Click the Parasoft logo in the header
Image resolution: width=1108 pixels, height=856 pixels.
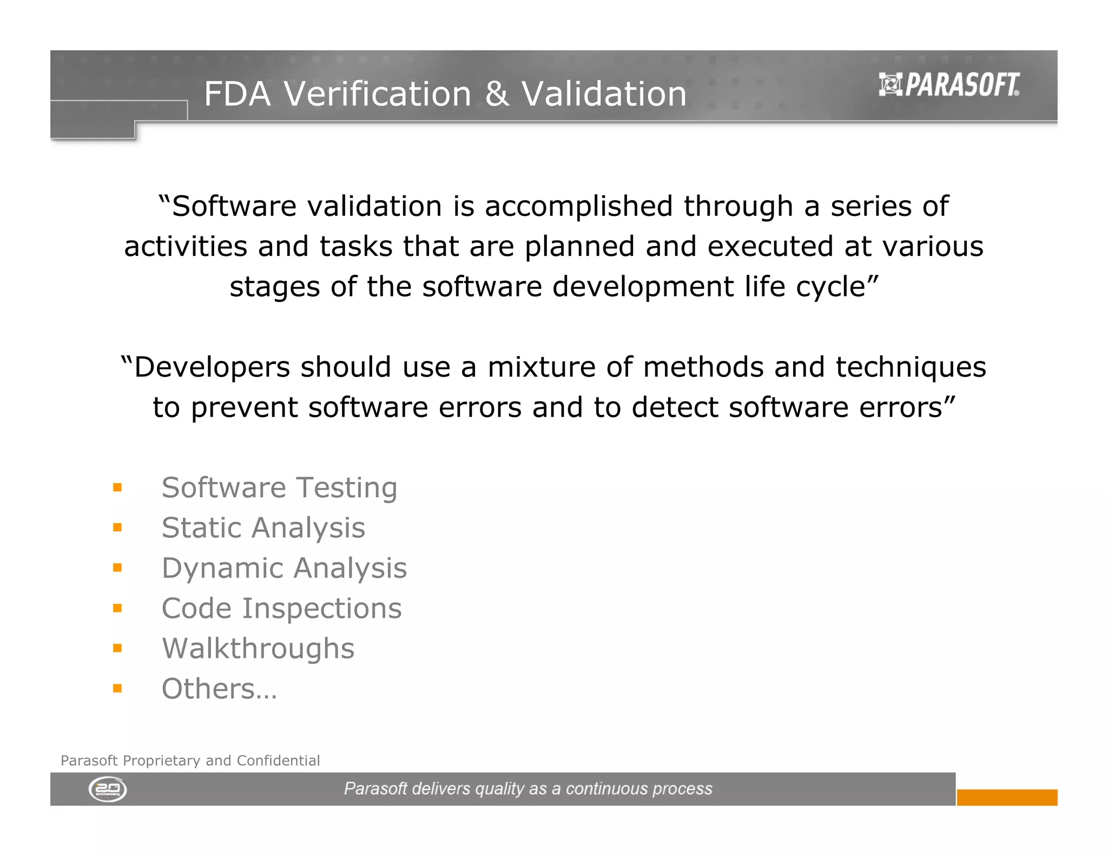pos(949,85)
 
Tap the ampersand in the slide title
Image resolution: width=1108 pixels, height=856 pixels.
pos(496,94)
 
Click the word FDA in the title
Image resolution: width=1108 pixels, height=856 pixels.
pos(237,94)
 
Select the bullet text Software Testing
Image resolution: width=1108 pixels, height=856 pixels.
pos(279,488)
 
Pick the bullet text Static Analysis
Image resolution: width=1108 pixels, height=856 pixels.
pos(263,528)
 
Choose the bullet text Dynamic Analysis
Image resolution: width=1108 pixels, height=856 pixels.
pos(284,568)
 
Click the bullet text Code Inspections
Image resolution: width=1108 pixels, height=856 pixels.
pos(281,608)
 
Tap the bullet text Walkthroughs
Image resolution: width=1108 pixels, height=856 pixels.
pos(258,648)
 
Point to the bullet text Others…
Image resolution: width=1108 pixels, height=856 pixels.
pos(219,689)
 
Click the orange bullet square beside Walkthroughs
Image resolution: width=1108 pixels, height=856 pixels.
pos(117,648)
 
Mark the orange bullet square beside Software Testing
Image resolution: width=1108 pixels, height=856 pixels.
pos(117,488)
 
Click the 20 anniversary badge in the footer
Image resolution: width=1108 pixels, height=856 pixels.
pos(108,789)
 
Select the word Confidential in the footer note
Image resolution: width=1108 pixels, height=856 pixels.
pos(278,761)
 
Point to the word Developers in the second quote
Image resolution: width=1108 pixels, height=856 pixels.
pos(212,367)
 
